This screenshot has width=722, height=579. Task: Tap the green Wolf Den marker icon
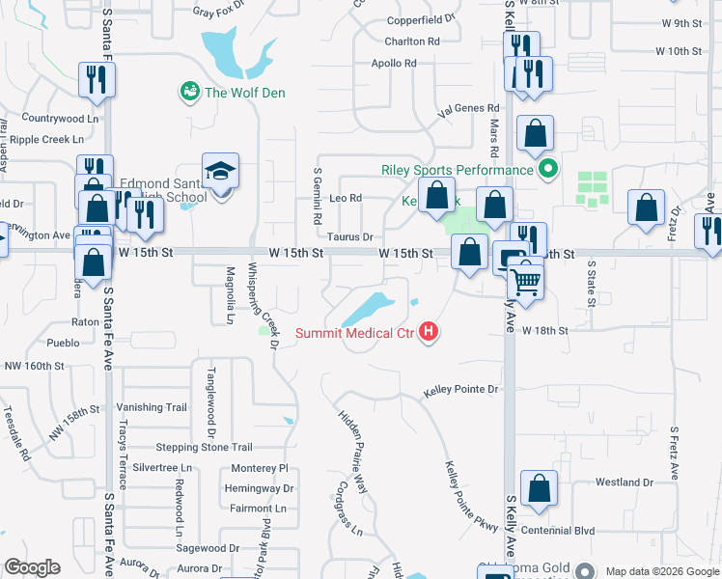coord(189,93)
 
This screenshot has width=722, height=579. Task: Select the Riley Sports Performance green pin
coord(548,170)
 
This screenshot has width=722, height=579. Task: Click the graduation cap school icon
coord(221,172)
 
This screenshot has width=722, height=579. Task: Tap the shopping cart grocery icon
coord(526,280)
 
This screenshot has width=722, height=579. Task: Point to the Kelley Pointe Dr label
coord(461,391)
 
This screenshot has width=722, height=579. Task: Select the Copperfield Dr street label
coord(420,19)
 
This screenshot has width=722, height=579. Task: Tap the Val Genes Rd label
coord(468,109)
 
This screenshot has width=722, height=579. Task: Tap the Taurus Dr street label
coord(349,236)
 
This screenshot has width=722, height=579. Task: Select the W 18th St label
coord(545,330)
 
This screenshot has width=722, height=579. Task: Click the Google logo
coord(33,567)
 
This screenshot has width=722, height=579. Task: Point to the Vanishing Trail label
coord(152,407)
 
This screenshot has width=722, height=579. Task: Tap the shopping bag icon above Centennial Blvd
coord(539,488)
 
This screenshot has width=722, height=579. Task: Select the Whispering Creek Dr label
coord(263,305)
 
